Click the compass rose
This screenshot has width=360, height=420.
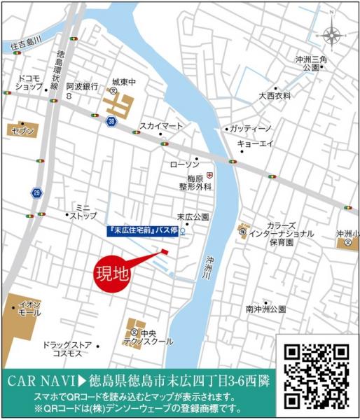coord(332,33)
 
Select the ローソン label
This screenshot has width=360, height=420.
coord(184,164)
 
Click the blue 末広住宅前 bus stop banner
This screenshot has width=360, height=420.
coord(144,230)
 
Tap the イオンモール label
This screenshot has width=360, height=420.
coord(29,309)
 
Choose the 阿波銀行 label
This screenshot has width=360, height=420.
coord(81,86)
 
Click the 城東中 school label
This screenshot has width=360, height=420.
coord(127,80)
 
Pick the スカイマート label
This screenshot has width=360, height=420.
coord(160,125)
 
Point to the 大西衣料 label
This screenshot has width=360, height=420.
coord(275,95)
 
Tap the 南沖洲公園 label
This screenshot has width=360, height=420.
coord(266,309)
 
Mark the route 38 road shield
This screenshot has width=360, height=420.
coord(111,122)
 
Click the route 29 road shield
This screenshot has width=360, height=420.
coord(36,192)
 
